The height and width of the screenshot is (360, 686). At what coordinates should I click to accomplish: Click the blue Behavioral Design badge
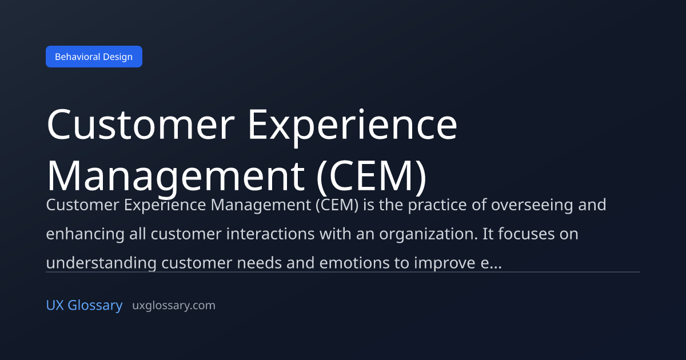coord(94,57)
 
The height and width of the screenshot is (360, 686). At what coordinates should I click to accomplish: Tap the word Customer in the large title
coord(141,125)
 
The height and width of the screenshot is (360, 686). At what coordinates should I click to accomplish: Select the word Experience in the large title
coord(353,127)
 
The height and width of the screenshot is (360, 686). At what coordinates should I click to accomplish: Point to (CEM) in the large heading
coord(372,178)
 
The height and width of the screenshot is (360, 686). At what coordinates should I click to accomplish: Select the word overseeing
coord(532,205)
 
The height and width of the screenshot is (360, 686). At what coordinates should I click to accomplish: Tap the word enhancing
coord(85,234)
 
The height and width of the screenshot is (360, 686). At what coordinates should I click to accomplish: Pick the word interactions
coord(270,234)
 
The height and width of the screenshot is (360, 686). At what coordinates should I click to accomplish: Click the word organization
coord(428,234)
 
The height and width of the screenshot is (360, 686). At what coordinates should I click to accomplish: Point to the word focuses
coord(527,234)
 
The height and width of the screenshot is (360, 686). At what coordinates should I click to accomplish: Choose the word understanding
coord(101,263)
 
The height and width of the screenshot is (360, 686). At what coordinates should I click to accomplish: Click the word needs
coord(259,263)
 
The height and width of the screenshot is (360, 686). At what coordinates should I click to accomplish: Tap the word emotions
coord(354,263)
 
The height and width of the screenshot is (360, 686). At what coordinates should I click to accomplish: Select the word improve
coord(445,263)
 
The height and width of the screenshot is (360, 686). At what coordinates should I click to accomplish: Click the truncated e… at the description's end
coord(491,263)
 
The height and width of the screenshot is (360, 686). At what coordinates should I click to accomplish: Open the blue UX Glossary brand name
coord(84,306)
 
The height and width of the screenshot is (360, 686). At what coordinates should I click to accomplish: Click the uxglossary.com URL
coord(174,306)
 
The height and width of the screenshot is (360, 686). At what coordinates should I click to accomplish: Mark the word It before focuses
coord(488,234)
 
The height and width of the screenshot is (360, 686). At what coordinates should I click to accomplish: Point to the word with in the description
coord(336,234)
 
